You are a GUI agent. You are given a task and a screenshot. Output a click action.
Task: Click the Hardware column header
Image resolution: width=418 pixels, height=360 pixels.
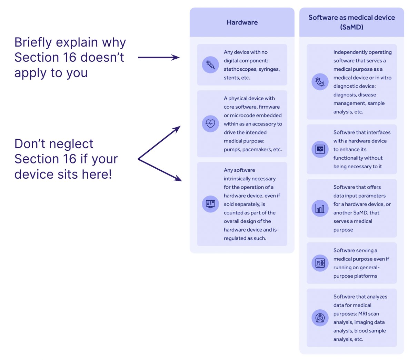pos(242,22)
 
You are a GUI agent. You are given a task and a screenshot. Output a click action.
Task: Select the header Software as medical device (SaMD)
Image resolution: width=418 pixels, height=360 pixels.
pos(351,22)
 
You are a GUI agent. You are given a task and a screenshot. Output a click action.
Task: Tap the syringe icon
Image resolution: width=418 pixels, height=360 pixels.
pos(210,65)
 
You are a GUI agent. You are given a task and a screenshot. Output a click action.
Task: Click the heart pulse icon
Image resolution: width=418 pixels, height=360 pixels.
pos(210,123)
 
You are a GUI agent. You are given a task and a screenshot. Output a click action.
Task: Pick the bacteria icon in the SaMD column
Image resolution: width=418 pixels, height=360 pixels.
pos(320,82)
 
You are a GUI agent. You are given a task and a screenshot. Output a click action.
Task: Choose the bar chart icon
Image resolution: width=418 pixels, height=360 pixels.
pos(320,208)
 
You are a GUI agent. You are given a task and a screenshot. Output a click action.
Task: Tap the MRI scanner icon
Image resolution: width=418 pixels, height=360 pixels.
pos(320,318)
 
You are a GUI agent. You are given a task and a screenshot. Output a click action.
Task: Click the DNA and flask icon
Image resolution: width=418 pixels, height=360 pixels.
pos(320,263)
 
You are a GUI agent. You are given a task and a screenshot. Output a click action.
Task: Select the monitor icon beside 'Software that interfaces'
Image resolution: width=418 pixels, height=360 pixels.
pos(320,149)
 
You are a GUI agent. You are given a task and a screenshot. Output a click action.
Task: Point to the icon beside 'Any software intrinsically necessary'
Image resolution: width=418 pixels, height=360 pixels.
pos(210,204)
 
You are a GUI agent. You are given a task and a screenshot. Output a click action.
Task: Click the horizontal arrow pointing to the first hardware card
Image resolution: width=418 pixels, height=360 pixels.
pos(159,58)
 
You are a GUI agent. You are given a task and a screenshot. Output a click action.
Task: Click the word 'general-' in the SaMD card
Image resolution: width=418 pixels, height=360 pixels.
pos(366,268)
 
